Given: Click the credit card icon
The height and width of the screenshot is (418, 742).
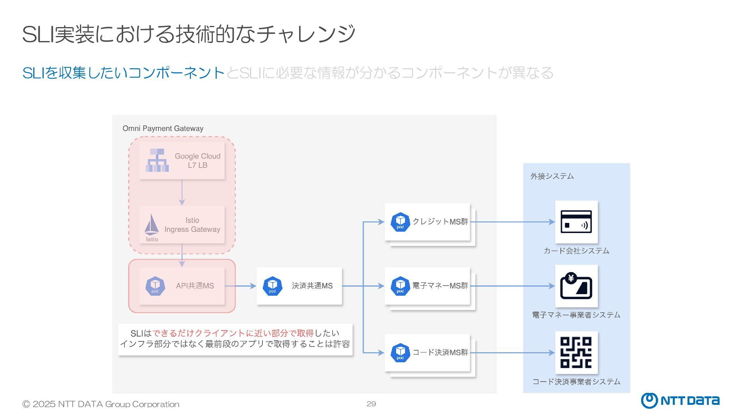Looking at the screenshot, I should (x=576, y=222).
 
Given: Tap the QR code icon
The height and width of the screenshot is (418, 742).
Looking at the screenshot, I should (x=576, y=352).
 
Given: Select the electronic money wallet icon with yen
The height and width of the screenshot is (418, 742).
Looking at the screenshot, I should (x=576, y=286).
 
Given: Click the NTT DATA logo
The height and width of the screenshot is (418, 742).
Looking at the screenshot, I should (x=680, y=401).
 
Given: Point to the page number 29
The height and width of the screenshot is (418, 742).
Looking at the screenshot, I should (x=371, y=404).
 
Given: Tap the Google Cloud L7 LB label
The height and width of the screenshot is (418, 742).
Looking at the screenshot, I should (x=197, y=161).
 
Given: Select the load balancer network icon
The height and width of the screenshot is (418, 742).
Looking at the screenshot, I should (x=157, y=160).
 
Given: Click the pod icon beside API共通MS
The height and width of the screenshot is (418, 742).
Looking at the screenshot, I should (x=155, y=286).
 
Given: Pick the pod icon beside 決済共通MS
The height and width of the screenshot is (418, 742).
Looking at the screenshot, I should (x=272, y=286).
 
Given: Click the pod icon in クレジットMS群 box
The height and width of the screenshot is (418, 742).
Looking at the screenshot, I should (x=400, y=222).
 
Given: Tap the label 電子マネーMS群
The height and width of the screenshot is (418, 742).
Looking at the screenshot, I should (x=440, y=286).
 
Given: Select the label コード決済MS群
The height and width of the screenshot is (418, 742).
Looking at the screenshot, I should (x=440, y=353).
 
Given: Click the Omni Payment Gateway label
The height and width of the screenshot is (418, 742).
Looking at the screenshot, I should (x=163, y=128).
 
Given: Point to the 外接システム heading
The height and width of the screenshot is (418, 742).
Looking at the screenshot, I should (x=552, y=176).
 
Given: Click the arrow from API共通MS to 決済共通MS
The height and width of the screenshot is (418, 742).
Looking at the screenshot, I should (x=240, y=286).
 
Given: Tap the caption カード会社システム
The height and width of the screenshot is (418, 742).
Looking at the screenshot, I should (x=576, y=251).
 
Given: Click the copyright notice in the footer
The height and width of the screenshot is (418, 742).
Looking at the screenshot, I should (x=101, y=404).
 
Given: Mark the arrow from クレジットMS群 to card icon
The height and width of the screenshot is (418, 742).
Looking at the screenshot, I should (x=512, y=222).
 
